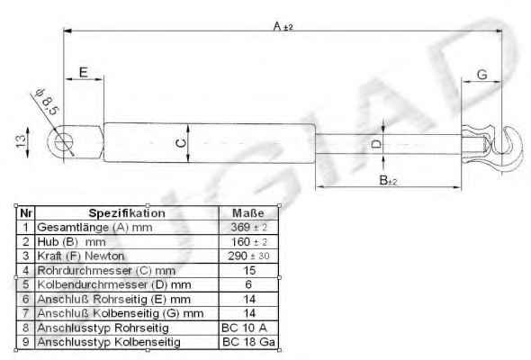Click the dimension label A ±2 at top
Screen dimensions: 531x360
pyautogui.click(x=283, y=26)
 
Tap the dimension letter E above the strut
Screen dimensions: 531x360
pyautogui.click(x=84, y=72)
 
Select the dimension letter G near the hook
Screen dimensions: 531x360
pyautogui.click(x=481, y=74)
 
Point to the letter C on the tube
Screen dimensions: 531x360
pyautogui.click(x=182, y=143)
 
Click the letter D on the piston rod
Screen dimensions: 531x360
pyautogui.click(x=376, y=144)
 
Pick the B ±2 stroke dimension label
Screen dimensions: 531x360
pyautogui.click(x=388, y=180)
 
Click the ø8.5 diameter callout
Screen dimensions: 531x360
pyautogui.click(x=47, y=102)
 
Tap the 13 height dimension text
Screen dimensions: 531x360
pyautogui.click(x=21, y=140)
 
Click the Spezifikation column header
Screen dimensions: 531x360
pyautogui.click(x=127, y=213)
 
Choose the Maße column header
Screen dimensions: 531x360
pyautogui.click(x=248, y=213)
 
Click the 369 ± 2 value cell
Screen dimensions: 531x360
pyautogui.click(x=249, y=227)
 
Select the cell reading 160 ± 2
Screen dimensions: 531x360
pyautogui.click(x=249, y=241)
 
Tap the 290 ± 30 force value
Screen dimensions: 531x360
pyautogui.click(x=248, y=256)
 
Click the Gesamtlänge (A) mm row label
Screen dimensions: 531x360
pyautogui.click(x=94, y=227)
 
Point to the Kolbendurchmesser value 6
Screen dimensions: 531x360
pyautogui.click(x=248, y=284)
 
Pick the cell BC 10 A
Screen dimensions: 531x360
pyautogui.click(x=244, y=328)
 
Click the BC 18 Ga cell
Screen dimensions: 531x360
pyautogui.click(x=249, y=342)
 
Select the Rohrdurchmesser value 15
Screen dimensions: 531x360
pyautogui.click(x=249, y=270)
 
